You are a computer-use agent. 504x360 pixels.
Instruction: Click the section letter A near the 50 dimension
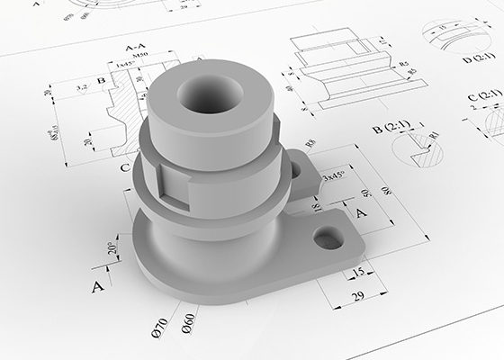click(x=361, y=211)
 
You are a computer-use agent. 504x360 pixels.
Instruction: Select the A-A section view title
click(x=137, y=47)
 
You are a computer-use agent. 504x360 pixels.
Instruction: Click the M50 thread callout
click(x=140, y=58)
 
